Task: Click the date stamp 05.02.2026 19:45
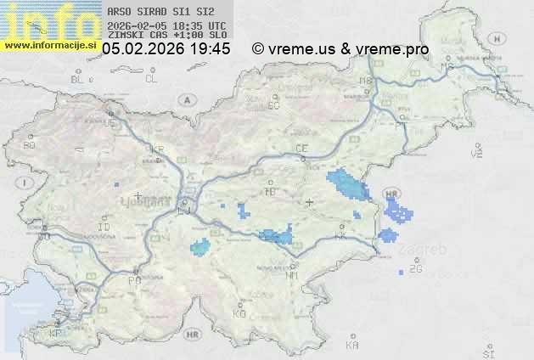pos(166,49)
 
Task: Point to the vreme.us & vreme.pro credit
pos(340,49)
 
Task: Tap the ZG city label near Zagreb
pos(415,269)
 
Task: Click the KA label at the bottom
pos(352,345)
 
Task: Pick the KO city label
pos(239,313)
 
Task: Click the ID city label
pos(104,228)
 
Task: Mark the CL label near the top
pos(152,79)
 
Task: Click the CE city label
pos(301,148)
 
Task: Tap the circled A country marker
pos(185,99)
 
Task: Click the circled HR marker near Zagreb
pos(391,194)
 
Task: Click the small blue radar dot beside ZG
pos(402,273)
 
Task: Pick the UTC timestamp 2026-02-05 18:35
pos(167,26)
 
